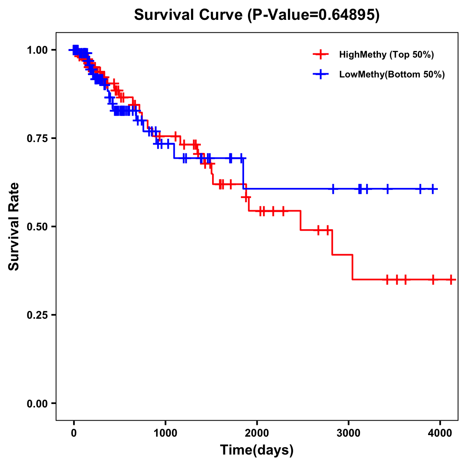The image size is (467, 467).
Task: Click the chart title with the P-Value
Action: click(x=256, y=15)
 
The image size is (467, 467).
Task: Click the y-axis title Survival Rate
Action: click(x=14, y=226)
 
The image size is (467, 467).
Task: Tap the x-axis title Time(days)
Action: click(x=256, y=450)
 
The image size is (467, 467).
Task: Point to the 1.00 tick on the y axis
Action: click(x=37, y=50)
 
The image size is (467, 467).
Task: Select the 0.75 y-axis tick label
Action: click(x=37, y=139)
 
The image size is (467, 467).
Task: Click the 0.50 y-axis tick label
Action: click(x=37, y=227)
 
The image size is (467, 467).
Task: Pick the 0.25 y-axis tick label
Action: click(x=37, y=315)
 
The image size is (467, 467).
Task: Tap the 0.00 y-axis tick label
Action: click(x=37, y=404)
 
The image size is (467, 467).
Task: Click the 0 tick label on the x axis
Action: click(x=74, y=432)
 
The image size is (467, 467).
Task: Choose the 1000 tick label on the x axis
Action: click(x=165, y=432)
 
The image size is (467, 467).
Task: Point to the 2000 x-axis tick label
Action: click(x=257, y=432)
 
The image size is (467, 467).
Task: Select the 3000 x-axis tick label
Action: click(x=348, y=432)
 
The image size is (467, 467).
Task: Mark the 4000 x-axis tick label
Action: click(x=440, y=432)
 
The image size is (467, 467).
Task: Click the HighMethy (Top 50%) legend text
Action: click(x=386, y=54)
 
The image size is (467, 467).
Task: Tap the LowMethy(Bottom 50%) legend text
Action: click(x=392, y=75)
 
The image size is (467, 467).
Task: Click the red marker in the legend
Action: click(x=321, y=54)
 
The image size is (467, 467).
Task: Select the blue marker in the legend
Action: click(x=321, y=75)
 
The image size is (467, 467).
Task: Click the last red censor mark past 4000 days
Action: click(x=451, y=279)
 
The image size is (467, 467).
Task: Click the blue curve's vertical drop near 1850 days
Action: click(x=243, y=174)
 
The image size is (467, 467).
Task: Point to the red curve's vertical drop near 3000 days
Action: click(x=352, y=267)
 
